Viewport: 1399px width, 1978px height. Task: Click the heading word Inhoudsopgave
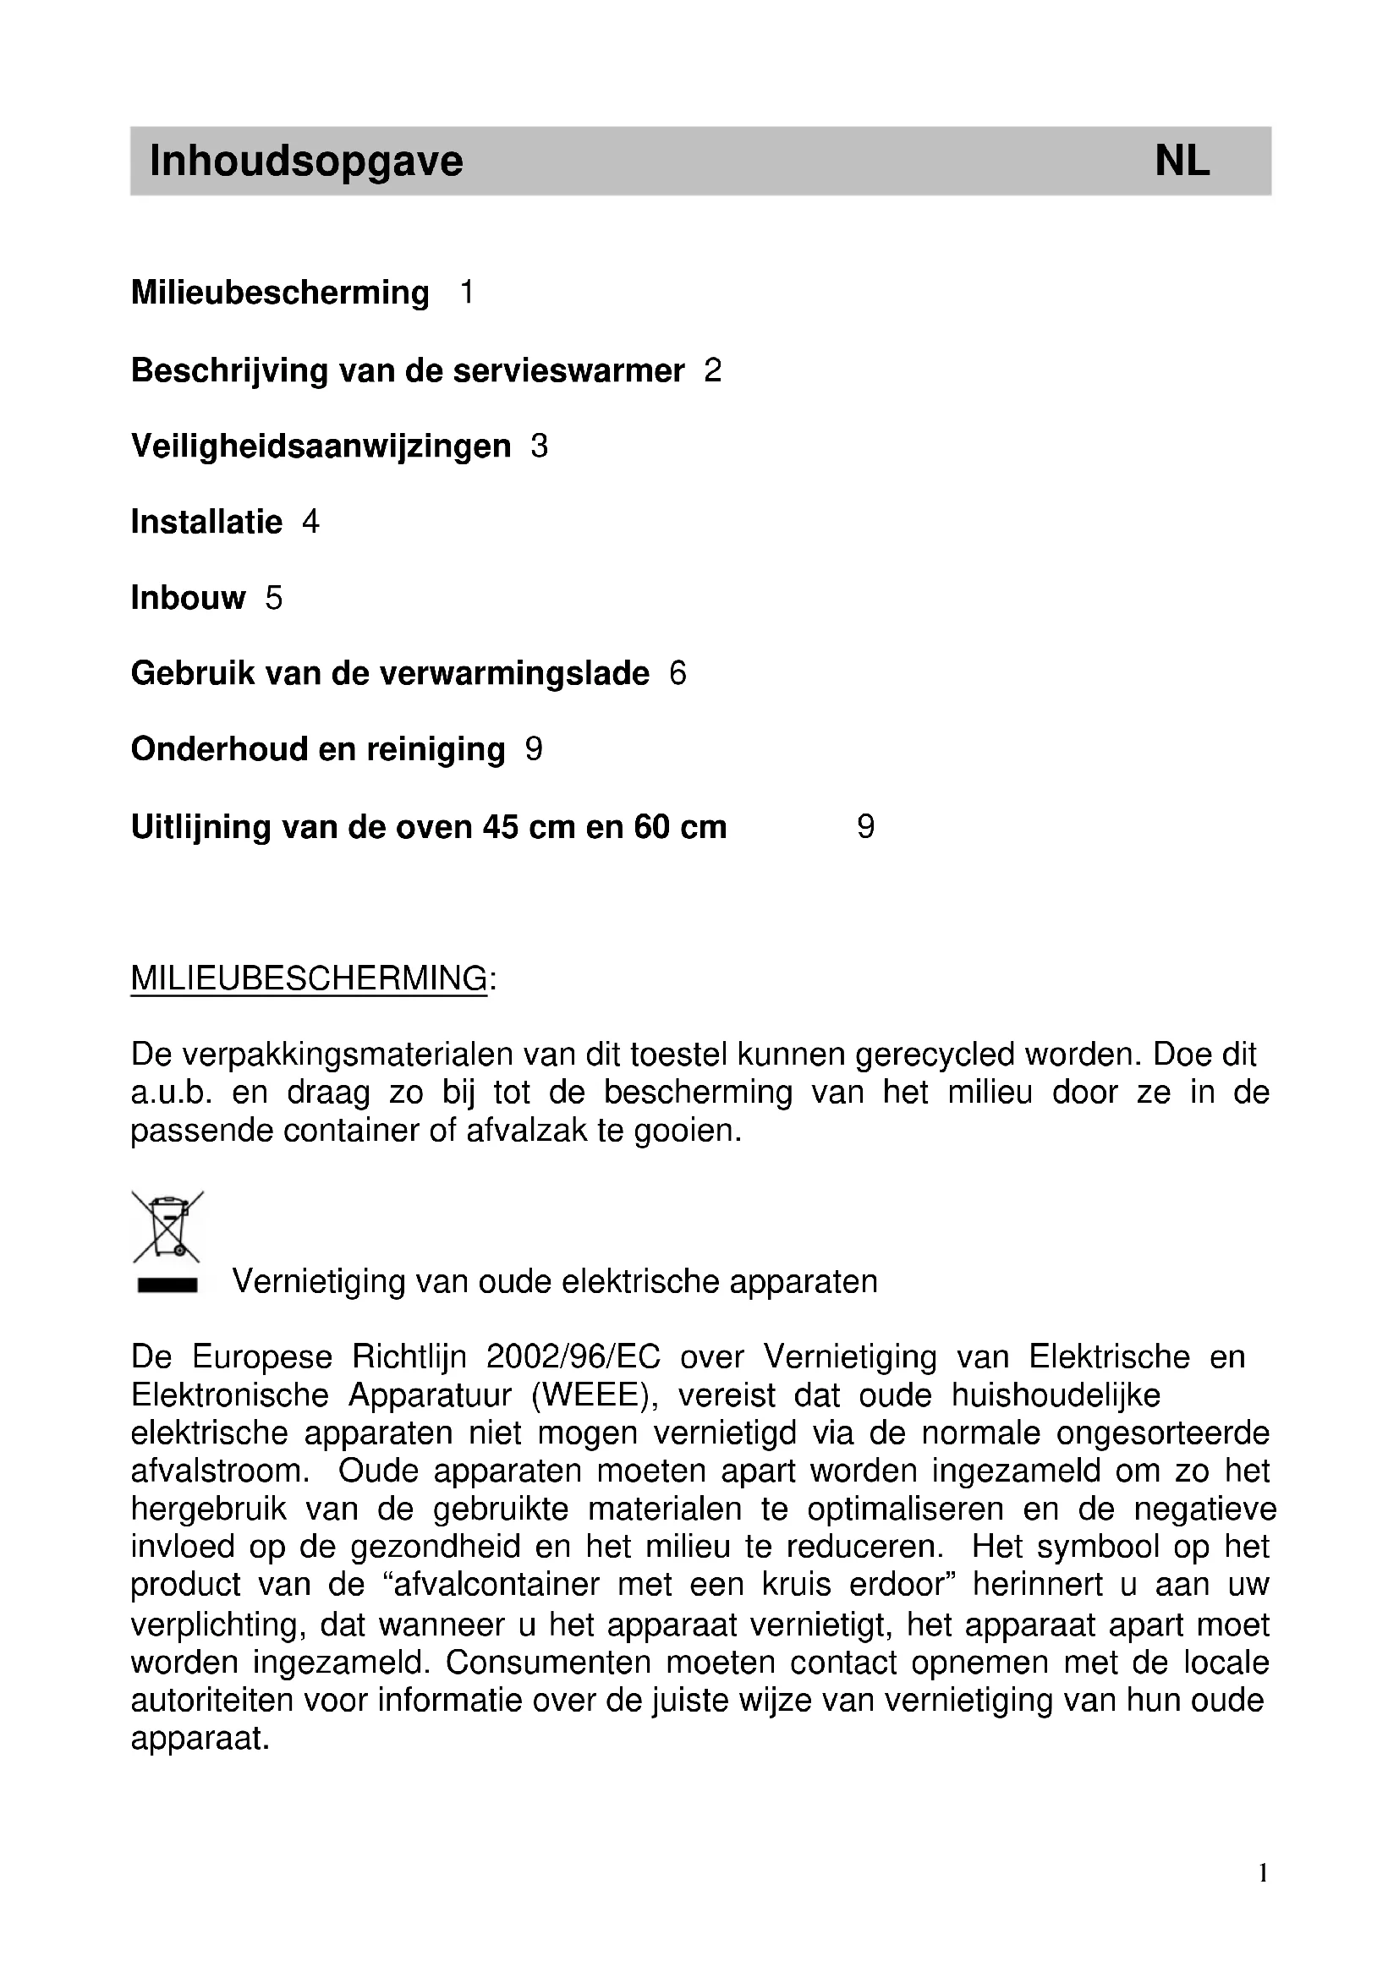point(306,162)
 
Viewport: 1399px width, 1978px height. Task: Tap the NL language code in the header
point(1182,162)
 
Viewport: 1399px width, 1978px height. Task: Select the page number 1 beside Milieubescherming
point(467,293)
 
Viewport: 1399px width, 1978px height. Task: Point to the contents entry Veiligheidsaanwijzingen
point(321,447)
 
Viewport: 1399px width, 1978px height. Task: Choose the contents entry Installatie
point(206,522)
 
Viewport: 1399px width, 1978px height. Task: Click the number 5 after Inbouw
point(274,598)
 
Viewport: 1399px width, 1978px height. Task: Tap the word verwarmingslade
point(514,674)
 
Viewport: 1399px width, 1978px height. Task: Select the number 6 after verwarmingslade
point(678,674)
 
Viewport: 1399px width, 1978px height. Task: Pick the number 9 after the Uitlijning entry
point(866,827)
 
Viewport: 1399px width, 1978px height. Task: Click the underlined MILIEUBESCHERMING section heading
point(310,978)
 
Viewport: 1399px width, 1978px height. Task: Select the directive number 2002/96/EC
point(573,1356)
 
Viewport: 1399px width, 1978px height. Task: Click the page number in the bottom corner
point(1263,1873)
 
